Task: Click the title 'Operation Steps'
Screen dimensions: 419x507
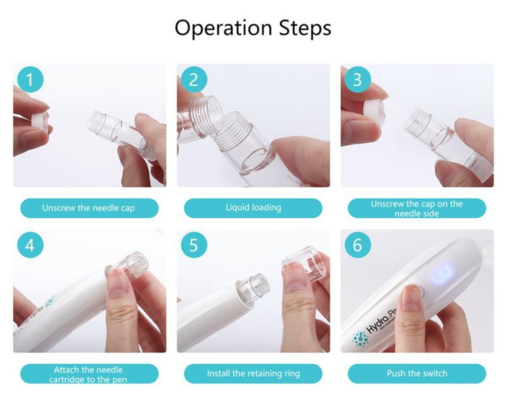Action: (x=253, y=28)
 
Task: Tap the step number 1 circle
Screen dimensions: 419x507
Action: (x=30, y=80)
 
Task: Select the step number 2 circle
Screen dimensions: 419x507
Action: (x=194, y=80)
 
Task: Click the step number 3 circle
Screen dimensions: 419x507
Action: (x=357, y=80)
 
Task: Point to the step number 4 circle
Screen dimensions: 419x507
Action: (x=30, y=245)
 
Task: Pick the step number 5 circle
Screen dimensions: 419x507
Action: (x=194, y=245)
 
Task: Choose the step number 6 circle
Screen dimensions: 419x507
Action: (x=357, y=245)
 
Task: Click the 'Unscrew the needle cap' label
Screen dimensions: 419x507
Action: (x=89, y=208)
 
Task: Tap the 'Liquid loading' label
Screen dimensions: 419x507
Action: (x=253, y=208)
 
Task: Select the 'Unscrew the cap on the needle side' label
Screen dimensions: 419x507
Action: (x=417, y=208)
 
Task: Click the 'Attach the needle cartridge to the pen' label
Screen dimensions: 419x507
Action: (x=89, y=374)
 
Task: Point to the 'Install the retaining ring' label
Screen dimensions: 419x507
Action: (x=253, y=373)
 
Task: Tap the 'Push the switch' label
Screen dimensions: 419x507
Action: (x=417, y=373)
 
